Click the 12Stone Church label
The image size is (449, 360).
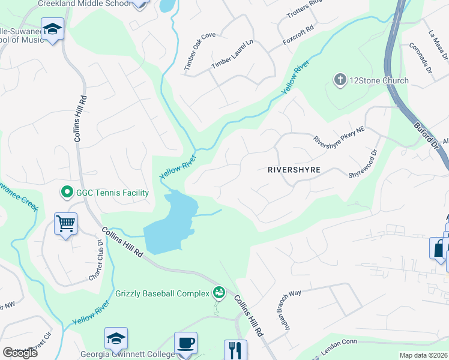coord(379,80)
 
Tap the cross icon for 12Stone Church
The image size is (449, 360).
coord(340,80)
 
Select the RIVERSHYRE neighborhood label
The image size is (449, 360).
coord(294,170)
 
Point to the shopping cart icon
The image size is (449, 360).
coord(65,224)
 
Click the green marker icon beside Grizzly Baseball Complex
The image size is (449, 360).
coord(219,292)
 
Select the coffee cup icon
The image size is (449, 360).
coord(185,343)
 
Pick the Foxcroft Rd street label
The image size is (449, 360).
coord(298,37)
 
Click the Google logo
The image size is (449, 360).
coord(20,353)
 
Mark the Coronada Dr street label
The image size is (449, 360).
coord(421,57)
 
